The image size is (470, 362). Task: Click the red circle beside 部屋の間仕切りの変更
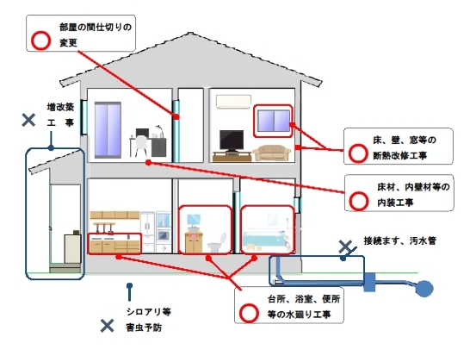(x=39, y=40)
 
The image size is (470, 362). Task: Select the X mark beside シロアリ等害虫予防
(x=107, y=325)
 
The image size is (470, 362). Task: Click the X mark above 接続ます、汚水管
(x=345, y=247)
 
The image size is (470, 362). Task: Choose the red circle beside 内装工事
(x=358, y=202)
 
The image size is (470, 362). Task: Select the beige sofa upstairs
(x=273, y=153)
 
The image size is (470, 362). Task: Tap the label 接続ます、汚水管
(x=399, y=240)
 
